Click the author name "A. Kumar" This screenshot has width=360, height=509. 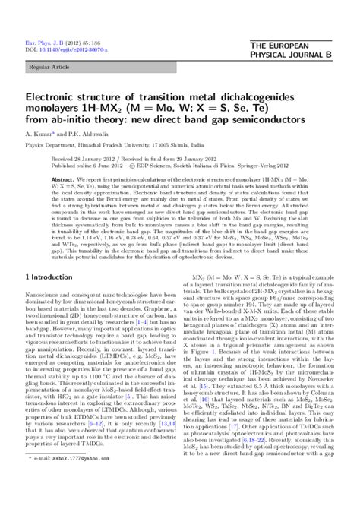point(41,139)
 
